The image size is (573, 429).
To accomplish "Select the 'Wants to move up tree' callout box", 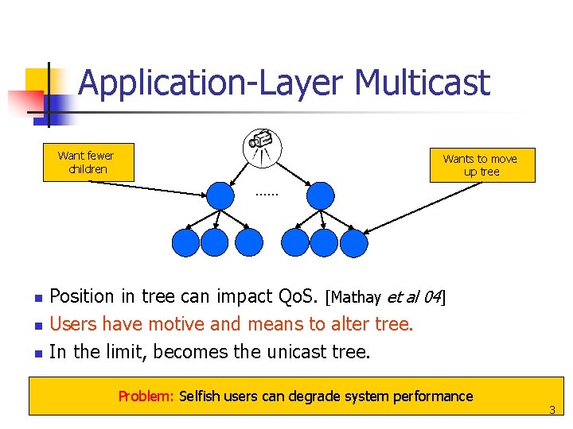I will [x=481, y=165].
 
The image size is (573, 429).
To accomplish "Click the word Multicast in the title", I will [x=423, y=83].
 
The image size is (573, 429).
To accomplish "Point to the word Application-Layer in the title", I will [x=212, y=83].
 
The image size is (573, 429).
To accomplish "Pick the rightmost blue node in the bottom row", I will [x=354, y=242].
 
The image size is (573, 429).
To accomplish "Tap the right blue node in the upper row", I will [x=320, y=195].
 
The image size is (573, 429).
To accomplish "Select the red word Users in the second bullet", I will [x=72, y=324].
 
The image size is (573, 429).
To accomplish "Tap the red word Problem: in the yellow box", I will [x=146, y=396].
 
